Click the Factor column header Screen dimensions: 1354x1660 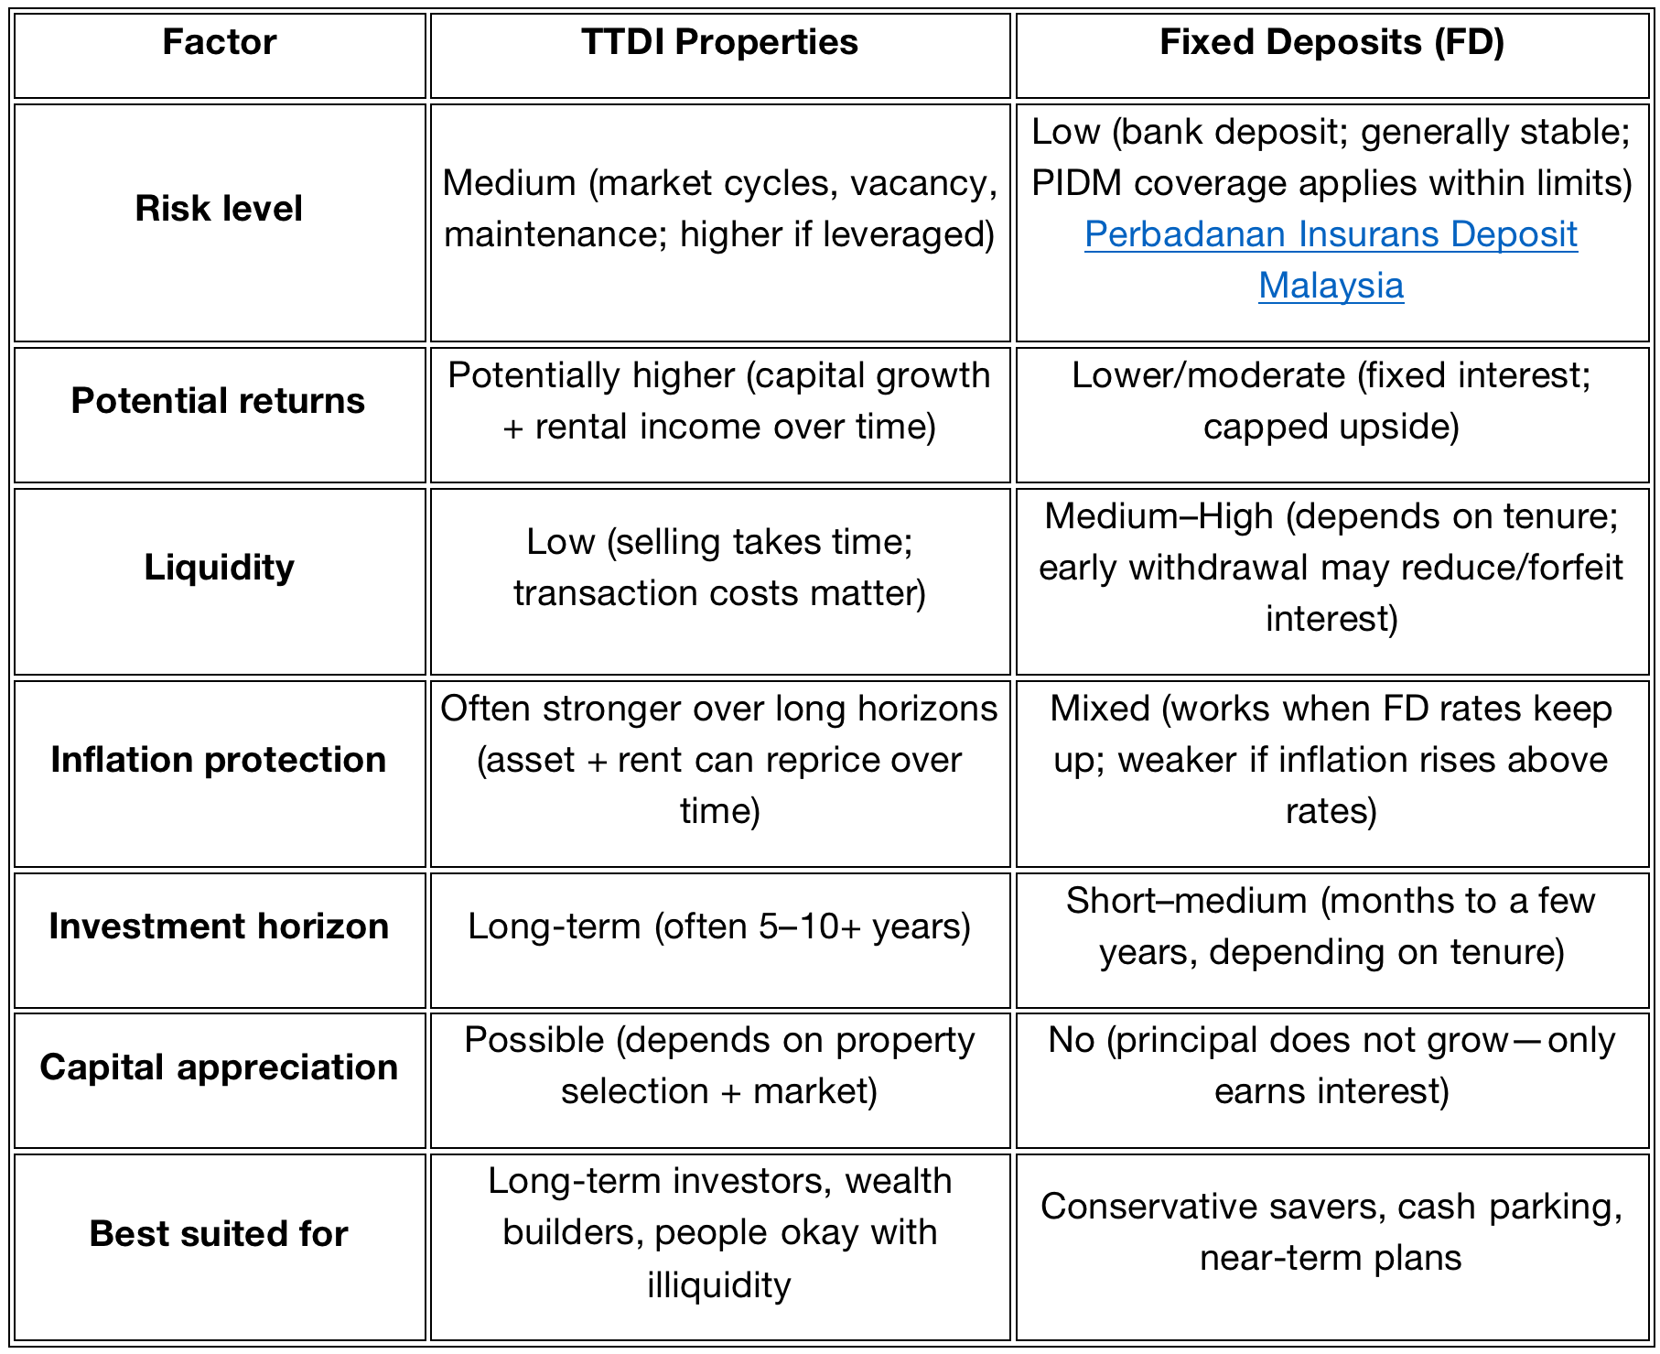[x=220, y=43]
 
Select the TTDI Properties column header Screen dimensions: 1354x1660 [x=719, y=43]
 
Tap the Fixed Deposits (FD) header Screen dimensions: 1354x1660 [x=1331, y=43]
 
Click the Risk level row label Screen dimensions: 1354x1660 [x=219, y=209]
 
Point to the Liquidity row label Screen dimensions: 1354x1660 [x=219, y=568]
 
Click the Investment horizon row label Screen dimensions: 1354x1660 [x=219, y=926]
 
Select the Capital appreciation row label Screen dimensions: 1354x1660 [x=219, y=1067]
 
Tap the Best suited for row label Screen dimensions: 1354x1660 [x=219, y=1234]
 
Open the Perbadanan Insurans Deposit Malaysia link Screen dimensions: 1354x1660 [x=1331, y=235]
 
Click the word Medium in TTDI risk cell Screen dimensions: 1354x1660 [x=509, y=184]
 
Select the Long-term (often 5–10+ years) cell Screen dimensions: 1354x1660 [x=719, y=926]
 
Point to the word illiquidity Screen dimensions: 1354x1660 [x=719, y=1285]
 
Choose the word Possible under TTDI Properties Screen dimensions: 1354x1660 [x=534, y=1041]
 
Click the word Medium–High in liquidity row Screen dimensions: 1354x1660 [x=1159, y=517]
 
